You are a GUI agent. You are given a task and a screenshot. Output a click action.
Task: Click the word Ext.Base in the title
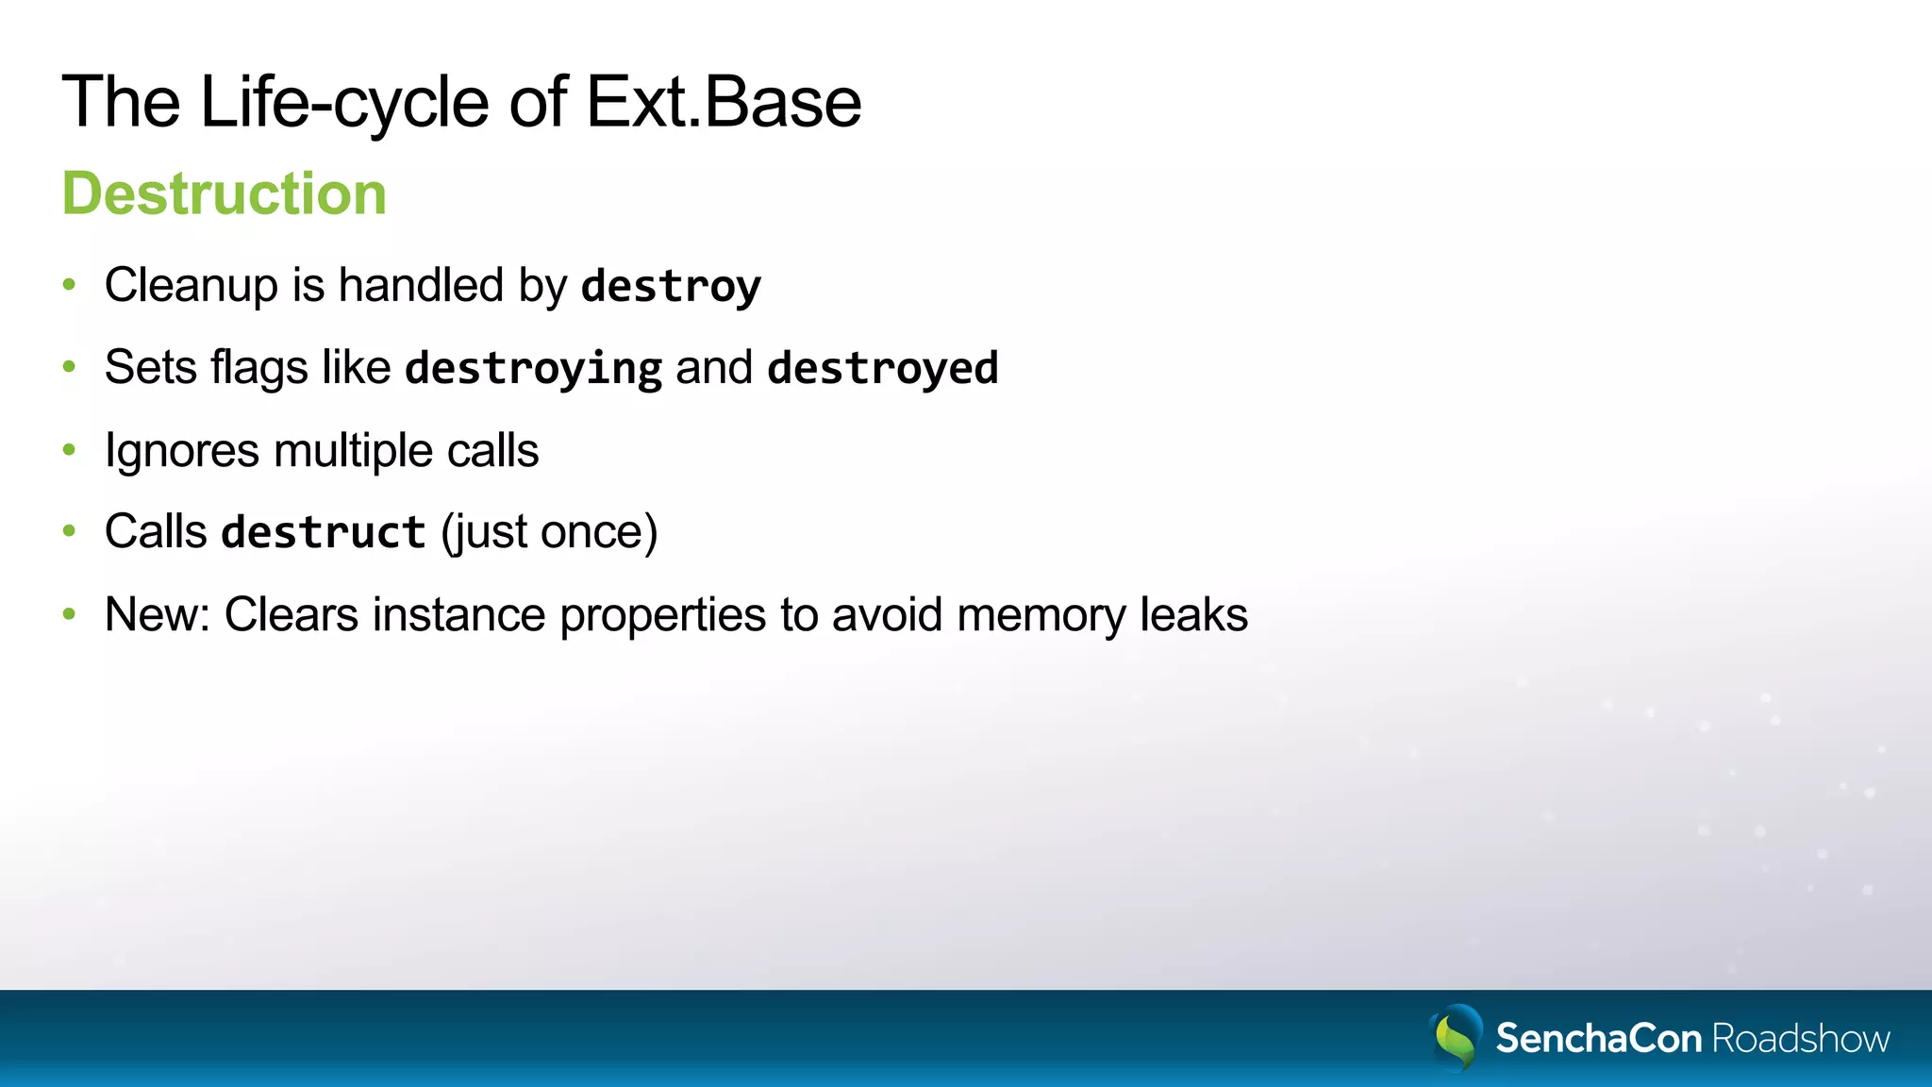724,102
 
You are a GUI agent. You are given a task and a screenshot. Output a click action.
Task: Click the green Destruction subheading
225,193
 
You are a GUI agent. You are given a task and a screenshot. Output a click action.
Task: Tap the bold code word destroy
671,286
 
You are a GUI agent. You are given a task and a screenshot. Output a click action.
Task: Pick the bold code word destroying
533,368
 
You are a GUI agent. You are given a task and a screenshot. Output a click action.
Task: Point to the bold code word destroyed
882,368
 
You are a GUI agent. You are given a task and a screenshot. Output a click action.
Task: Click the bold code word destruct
323,532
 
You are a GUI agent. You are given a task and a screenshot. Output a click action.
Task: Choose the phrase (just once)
549,532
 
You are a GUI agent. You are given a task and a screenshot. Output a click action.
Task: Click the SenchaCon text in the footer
1598,1038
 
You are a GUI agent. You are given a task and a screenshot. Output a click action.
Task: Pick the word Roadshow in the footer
1800,1038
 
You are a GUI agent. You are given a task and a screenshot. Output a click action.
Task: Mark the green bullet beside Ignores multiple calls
69,450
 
